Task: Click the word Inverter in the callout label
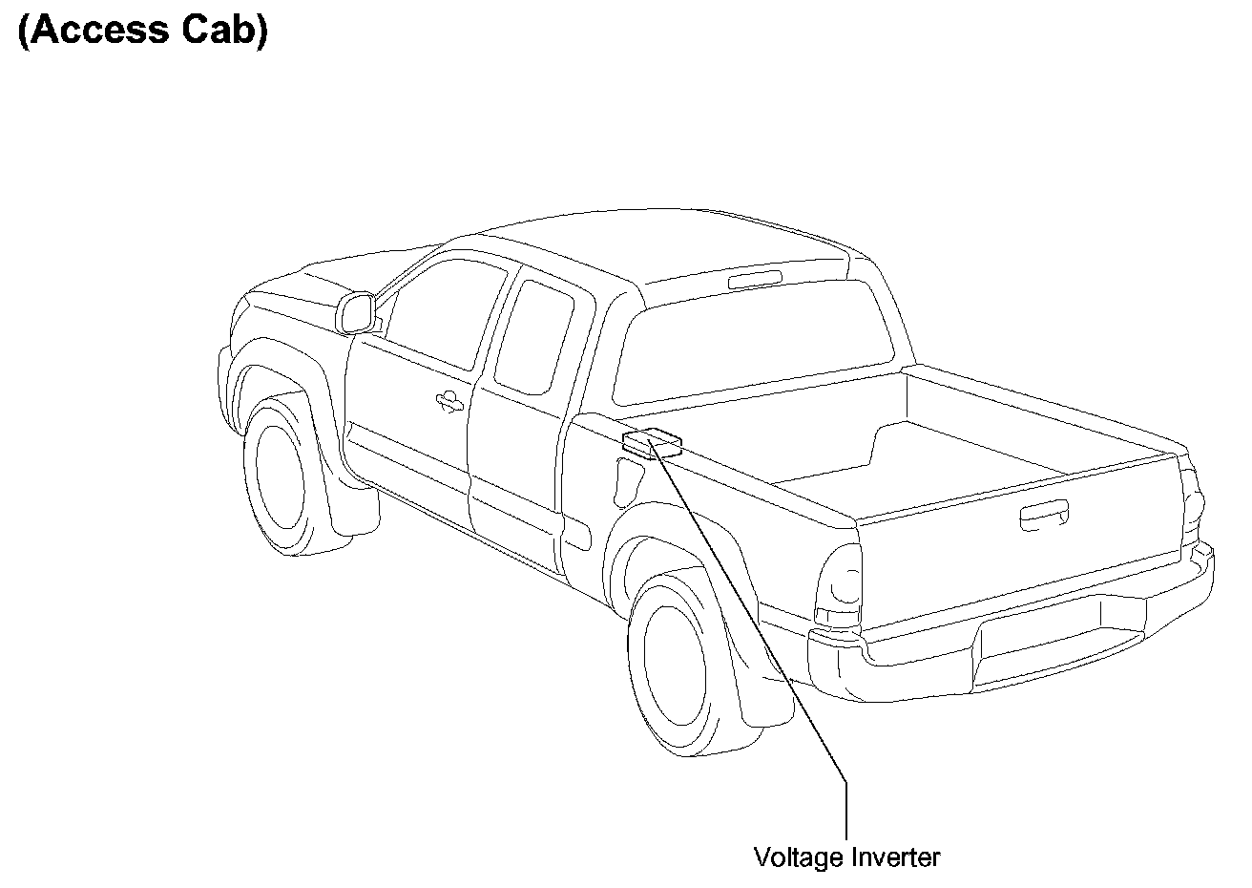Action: [x=893, y=857]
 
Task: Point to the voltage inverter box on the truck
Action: [x=652, y=444]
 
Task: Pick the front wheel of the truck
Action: [x=283, y=480]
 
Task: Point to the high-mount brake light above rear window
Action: [x=754, y=279]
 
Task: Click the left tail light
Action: [x=837, y=584]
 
